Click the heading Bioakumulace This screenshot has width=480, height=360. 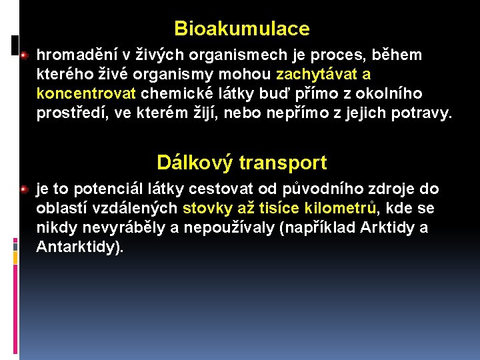[241, 29]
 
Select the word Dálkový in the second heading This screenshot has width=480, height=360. [195, 163]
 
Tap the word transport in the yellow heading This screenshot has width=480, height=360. [283, 163]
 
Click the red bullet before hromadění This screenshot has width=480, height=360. [24, 54]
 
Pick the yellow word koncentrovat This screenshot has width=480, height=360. [86, 93]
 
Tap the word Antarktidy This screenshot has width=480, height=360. [79, 247]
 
